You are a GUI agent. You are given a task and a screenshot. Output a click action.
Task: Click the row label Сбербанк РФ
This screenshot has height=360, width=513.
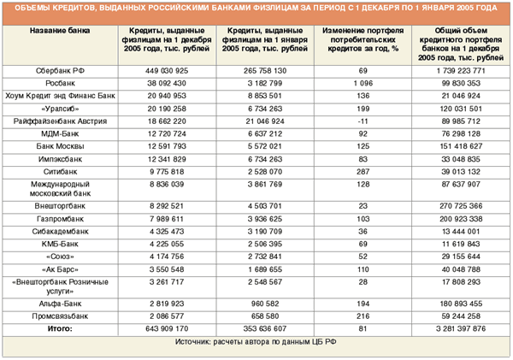coord(60,71)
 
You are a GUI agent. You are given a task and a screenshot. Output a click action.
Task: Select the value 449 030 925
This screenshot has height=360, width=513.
coord(167,71)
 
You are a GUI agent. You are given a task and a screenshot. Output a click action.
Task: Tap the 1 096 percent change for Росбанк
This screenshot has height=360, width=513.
coord(363,83)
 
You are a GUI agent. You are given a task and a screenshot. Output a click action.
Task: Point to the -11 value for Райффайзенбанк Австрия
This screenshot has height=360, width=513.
coord(363,121)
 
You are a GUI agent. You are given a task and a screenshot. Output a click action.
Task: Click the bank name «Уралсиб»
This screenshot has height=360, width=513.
coord(60,109)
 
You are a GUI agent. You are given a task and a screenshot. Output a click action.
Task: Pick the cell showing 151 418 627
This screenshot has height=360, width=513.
coord(461,146)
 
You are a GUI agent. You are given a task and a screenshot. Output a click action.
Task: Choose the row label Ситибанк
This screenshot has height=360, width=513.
coord(60,172)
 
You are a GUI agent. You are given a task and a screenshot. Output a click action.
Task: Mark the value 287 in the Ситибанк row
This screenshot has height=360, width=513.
coord(363,172)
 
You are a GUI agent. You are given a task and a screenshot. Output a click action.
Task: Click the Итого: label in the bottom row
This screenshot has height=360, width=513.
coord(60,328)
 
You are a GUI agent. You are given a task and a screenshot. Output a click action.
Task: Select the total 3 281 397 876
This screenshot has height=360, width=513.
coord(461,328)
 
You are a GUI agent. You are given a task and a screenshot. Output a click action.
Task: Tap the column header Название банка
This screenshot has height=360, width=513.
coord(60,31)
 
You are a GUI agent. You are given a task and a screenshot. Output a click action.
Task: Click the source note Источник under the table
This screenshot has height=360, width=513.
coord(256,342)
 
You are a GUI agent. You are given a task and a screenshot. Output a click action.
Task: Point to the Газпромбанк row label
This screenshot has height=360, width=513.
coord(60,219)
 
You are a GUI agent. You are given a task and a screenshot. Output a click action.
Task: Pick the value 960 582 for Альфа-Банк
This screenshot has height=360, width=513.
coord(265,304)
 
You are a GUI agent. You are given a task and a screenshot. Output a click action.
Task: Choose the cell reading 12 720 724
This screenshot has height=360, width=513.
coord(167,134)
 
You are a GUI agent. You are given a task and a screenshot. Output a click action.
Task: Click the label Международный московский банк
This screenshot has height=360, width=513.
coord(60,189)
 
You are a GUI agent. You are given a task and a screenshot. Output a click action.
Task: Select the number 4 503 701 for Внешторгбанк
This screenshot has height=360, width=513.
coord(265,206)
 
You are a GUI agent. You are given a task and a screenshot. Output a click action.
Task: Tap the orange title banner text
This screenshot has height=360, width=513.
coord(256,8)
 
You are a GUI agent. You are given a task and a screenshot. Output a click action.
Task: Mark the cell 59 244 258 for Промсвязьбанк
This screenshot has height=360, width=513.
coord(461,316)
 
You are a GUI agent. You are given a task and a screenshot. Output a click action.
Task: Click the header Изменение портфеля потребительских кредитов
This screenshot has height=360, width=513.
coord(363,39)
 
